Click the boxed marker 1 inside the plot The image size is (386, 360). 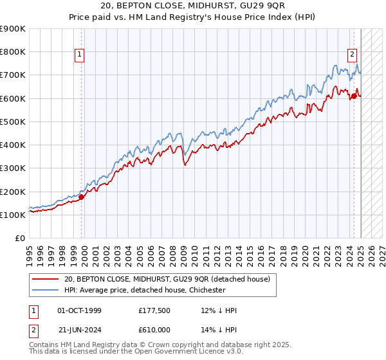point(79,55)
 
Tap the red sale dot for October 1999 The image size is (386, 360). point(82,197)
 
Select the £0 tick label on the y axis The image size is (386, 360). point(20,239)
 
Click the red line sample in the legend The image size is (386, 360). point(45,278)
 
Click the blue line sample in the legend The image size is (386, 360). point(45,290)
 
